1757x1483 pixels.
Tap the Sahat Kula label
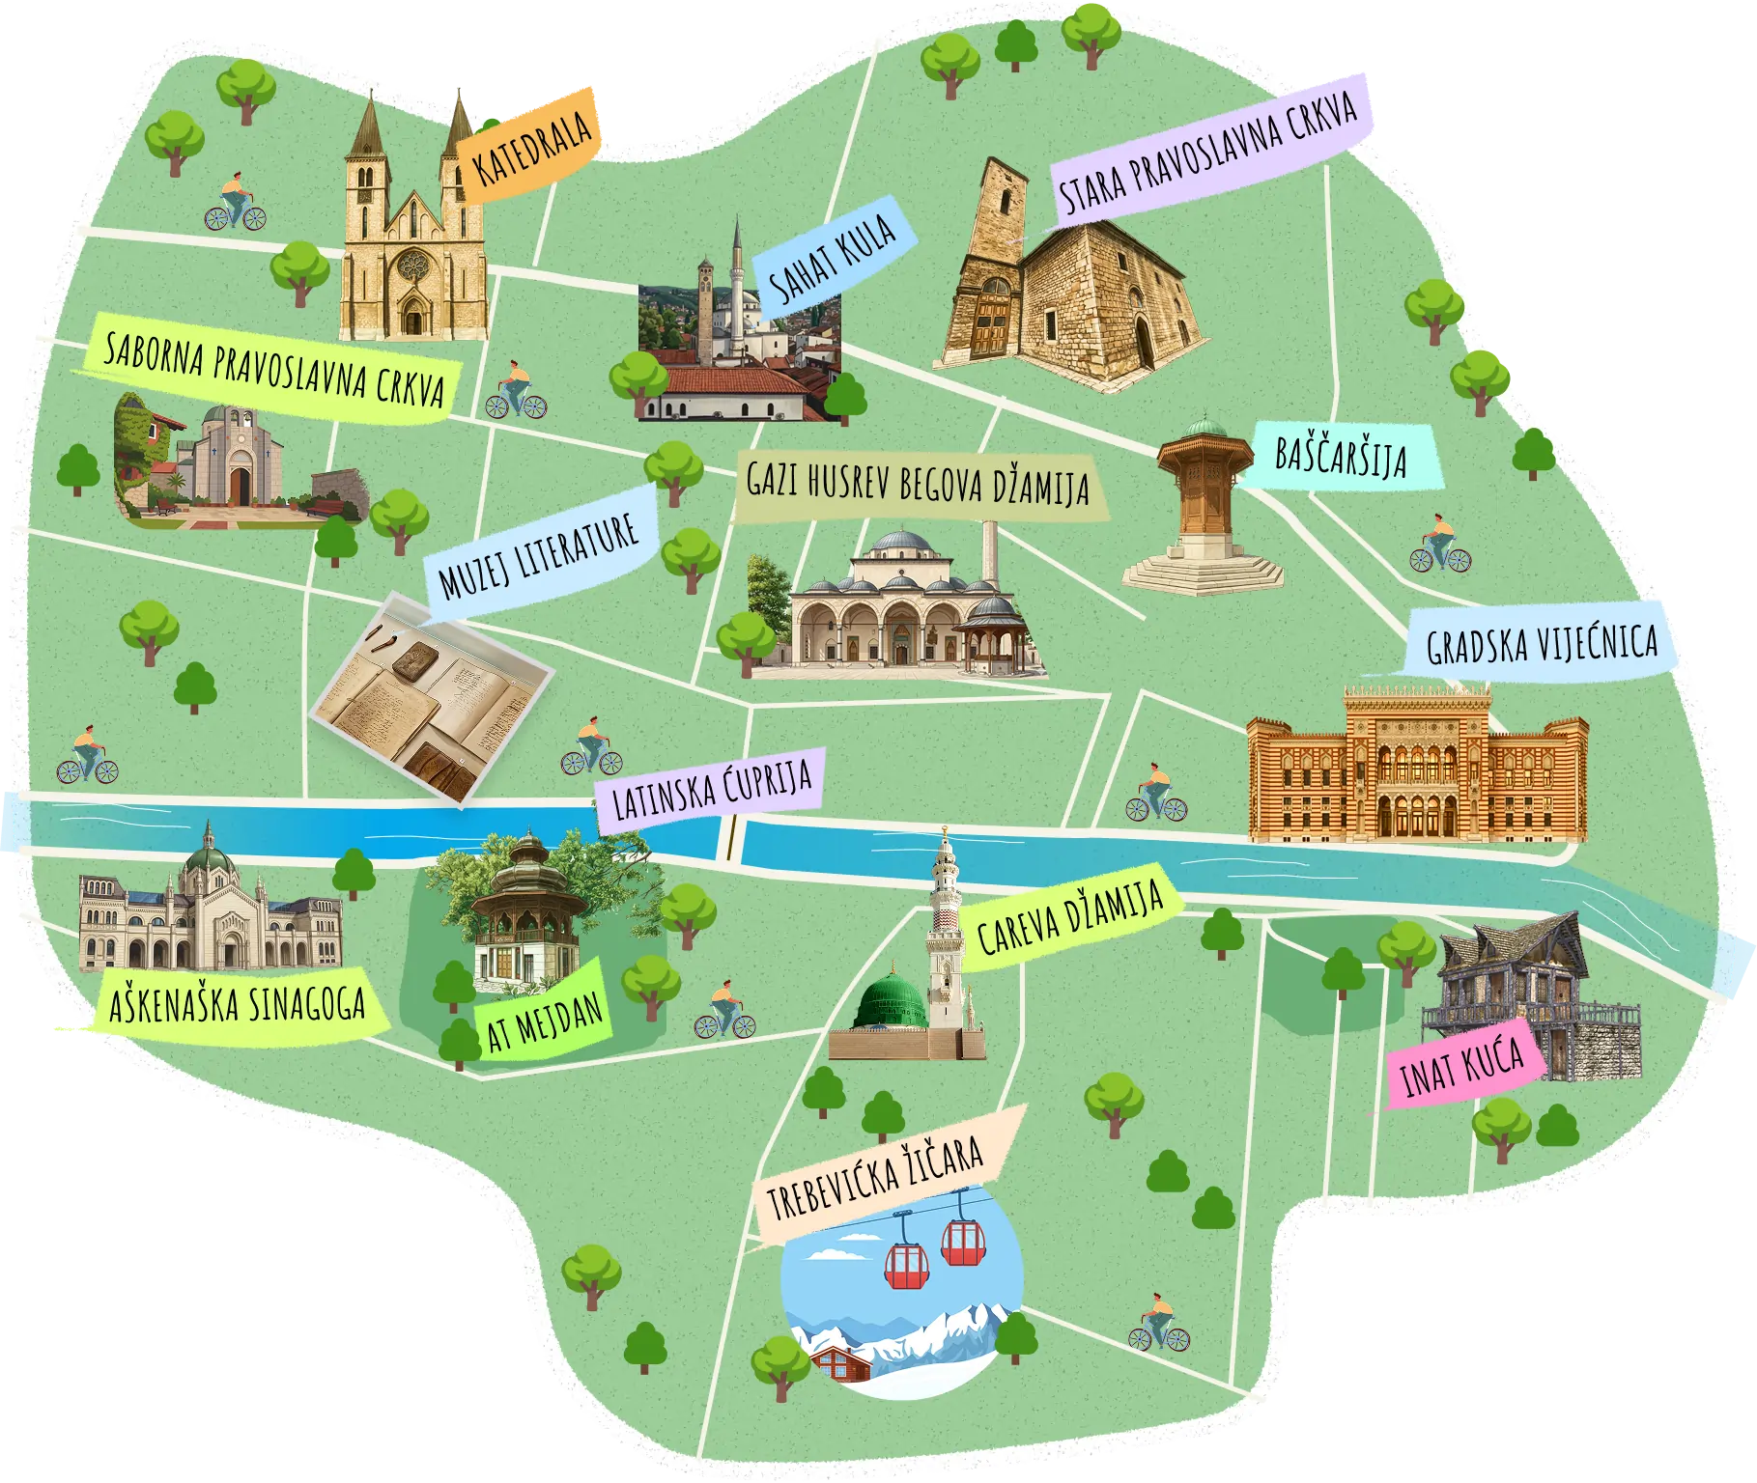coord(828,259)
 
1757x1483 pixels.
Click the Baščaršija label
coord(1341,457)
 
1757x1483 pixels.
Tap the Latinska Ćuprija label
coord(713,789)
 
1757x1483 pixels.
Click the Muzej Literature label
coord(539,558)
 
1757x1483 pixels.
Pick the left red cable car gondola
coord(907,1261)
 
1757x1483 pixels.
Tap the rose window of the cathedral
coord(413,264)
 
